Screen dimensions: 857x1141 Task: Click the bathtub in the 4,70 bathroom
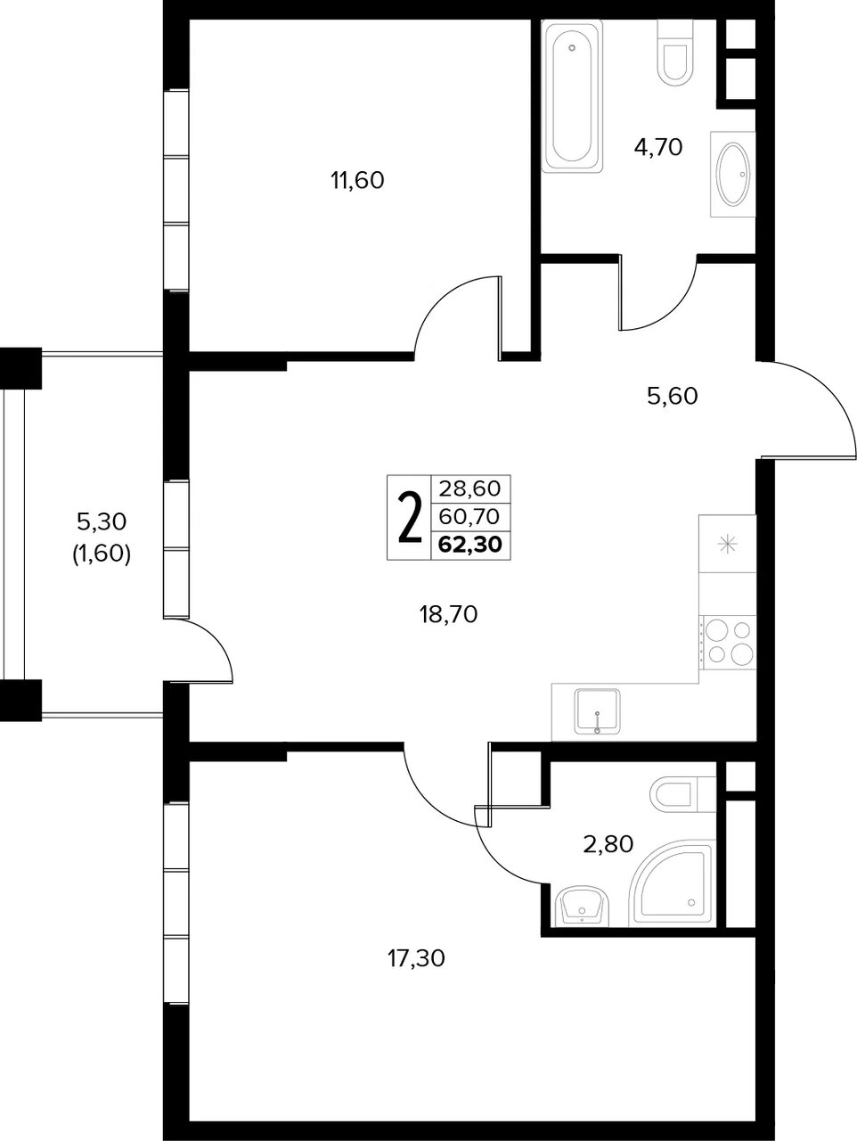pyautogui.click(x=572, y=96)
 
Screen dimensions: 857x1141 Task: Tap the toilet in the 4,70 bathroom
pyautogui.click(x=676, y=53)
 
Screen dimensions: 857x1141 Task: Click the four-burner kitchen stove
pyautogui.click(x=728, y=642)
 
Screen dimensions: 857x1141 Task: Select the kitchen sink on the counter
pyautogui.click(x=597, y=711)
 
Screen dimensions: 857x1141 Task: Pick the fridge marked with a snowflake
pyautogui.click(x=727, y=544)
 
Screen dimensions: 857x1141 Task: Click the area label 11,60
pyautogui.click(x=357, y=180)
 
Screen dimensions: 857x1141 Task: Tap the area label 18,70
pyautogui.click(x=448, y=615)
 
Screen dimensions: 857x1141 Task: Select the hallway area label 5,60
pyautogui.click(x=672, y=397)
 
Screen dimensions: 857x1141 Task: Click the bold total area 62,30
pyautogui.click(x=470, y=544)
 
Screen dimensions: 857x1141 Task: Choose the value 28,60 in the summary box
pyautogui.click(x=469, y=488)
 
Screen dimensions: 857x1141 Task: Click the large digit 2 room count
pyautogui.click(x=409, y=517)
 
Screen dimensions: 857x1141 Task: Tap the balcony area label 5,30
pyautogui.click(x=102, y=521)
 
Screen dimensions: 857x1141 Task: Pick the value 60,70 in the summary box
pyautogui.click(x=469, y=516)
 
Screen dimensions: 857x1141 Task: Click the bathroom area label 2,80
pyautogui.click(x=608, y=845)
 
